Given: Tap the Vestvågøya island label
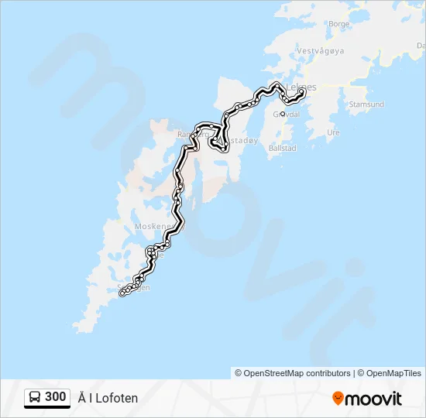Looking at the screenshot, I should tap(321, 52).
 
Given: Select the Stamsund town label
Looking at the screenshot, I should tap(367, 104).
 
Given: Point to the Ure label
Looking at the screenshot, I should tap(334, 132).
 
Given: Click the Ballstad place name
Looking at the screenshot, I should tap(281, 147).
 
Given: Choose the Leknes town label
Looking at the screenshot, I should tap(301, 87).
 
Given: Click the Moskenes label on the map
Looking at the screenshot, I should tap(152, 226).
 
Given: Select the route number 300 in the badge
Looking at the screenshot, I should tap(56, 397).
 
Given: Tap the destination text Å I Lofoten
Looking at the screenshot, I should tap(108, 398).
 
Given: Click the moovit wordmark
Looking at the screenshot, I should tap(374, 399).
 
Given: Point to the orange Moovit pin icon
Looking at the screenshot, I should tap(338, 399).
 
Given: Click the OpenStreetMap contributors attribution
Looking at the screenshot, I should tap(293, 373).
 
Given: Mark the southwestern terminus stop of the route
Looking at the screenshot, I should tap(122, 293).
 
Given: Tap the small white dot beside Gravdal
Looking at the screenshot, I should tap(283, 114).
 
